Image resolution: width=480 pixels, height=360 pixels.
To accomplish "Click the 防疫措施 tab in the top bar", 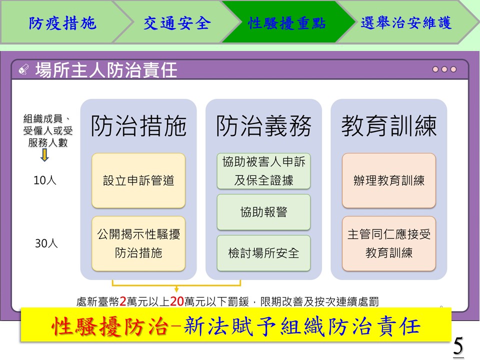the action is tap(63, 23).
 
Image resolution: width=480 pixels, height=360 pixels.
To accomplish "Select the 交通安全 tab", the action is tap(177, 23).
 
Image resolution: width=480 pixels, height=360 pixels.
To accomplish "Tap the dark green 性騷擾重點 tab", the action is tap(287, 23).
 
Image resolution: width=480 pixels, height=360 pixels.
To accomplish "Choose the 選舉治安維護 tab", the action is tap(406, 22).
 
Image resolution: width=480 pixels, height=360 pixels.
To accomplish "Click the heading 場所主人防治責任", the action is tap(106, 70).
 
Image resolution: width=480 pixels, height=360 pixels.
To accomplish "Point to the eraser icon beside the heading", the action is tap(23, 69).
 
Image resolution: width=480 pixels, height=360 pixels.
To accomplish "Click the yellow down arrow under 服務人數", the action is tap(44, 155).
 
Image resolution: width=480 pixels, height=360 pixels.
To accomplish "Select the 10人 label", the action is tap(45, 180).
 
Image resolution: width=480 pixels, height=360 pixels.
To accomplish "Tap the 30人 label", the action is tap(46, 243).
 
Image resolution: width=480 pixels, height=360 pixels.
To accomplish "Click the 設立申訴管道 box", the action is tap(138, 180).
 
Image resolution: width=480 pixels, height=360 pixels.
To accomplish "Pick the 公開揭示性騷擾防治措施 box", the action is tap(138, 243).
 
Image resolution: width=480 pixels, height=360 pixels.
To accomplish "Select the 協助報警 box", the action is tap(263, 212).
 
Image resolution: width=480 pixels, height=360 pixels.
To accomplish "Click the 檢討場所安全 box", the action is tap(263, 253).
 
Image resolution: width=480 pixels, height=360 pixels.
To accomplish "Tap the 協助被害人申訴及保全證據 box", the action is tap(263, 171).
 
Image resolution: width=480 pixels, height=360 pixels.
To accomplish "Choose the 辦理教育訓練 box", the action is tap(389, 180).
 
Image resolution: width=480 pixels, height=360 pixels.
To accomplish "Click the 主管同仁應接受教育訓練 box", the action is tap(389, 243).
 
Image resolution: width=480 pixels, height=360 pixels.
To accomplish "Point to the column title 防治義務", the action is tap(263, 126).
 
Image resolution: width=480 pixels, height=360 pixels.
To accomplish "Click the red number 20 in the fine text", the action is tap(176, 301).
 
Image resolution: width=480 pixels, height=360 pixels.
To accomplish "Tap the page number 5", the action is tap(458, 346).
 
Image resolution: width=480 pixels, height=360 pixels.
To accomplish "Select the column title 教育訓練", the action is tap(389, 126).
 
